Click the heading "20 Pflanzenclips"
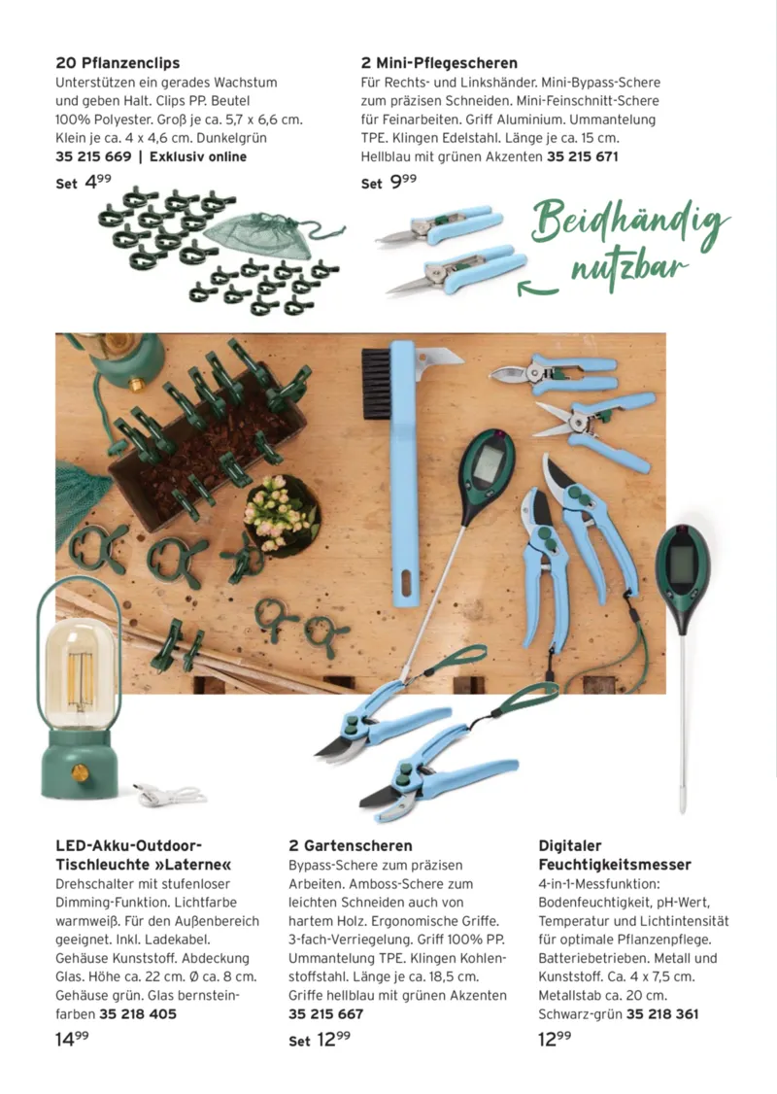118,63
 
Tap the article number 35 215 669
93,156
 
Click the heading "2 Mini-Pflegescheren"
439,63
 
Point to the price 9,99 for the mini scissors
402,182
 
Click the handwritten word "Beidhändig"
628,223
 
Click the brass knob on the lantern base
78,773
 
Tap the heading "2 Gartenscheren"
351,845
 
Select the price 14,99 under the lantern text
73,1039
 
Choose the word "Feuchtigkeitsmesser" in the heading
615,864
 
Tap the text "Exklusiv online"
198,156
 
